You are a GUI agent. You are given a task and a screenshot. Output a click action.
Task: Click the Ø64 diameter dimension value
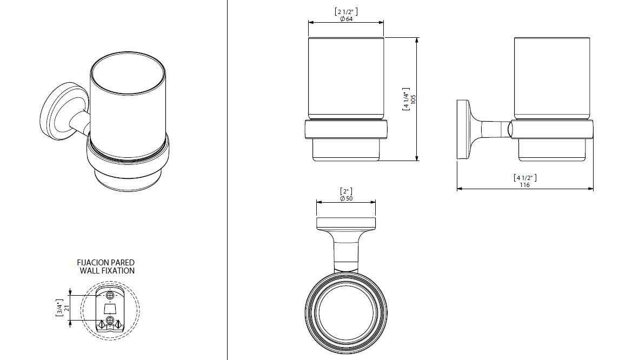click(346, 18)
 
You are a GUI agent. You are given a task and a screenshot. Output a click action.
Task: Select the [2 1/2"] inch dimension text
click(346, 11)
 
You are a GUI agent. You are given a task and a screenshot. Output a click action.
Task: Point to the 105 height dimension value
click(414, 99)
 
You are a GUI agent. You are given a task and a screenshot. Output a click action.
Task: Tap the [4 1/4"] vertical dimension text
click(406, 99)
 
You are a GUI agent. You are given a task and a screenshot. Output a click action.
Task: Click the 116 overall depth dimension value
click(524, 185)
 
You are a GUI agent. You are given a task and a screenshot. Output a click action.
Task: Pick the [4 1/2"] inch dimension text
click(524, 178)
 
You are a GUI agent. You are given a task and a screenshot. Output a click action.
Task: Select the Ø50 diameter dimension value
click(346, 198)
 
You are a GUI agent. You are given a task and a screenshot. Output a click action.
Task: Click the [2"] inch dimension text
click(346, 191)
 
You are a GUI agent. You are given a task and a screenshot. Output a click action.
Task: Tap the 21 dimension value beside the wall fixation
click(66, 308)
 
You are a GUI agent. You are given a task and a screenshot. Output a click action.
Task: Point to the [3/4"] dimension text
click(59, 308)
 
